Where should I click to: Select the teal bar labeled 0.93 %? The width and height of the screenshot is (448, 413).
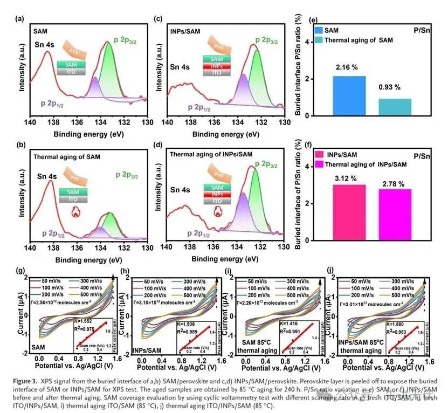395,107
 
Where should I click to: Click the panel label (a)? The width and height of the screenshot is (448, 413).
20,19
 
